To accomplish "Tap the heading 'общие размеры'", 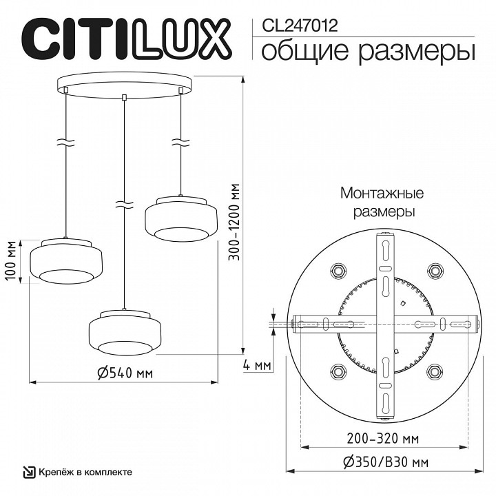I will point(369,50).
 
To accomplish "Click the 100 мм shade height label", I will point(10,261).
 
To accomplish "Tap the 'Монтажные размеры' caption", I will point(382,203).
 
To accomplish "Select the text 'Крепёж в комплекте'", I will point(85,473).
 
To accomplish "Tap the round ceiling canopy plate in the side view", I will point(124,84).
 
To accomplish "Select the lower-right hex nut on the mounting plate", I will point(433,371).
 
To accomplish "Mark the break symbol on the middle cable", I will point(124,205).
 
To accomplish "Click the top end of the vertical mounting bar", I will point(384,240).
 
